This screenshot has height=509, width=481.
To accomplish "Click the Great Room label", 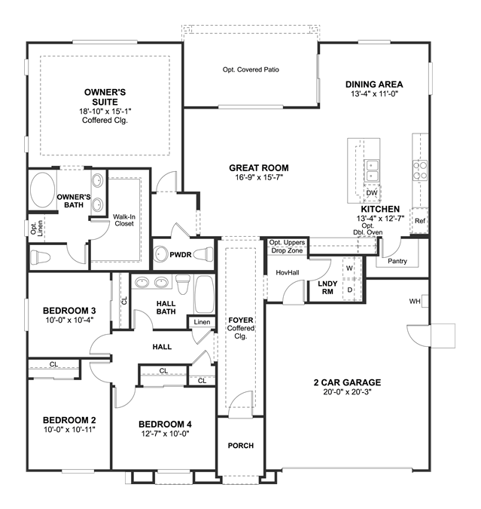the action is (259, 168).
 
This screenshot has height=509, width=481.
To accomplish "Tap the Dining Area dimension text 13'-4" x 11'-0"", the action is (374, 94).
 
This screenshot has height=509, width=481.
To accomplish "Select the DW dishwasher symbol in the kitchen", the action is (372, 192).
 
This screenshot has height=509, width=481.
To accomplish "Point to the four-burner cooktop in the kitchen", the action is (420, 170).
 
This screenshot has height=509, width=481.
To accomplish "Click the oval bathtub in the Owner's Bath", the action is (42, 190).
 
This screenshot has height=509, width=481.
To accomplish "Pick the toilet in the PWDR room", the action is (203, 254).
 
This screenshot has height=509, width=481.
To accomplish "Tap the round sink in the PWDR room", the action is (160, 254).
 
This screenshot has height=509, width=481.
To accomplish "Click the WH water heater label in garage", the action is (415, 301).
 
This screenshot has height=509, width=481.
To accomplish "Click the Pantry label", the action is (397, 261).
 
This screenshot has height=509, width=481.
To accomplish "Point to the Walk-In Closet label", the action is (124, 220).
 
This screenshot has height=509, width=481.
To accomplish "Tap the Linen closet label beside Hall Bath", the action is (202, 322).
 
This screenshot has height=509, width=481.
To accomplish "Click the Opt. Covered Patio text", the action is (251, 69).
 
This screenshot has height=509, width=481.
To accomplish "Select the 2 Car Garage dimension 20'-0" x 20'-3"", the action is (347, 392).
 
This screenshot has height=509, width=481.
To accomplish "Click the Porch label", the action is (241, 446).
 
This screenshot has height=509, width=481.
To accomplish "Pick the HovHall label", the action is (288, 273).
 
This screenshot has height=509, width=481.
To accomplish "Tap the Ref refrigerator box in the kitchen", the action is (420, 221).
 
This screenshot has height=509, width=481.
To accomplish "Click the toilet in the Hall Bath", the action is (183, 284).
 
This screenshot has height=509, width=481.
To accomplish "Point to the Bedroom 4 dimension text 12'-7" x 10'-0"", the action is (165, 434).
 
